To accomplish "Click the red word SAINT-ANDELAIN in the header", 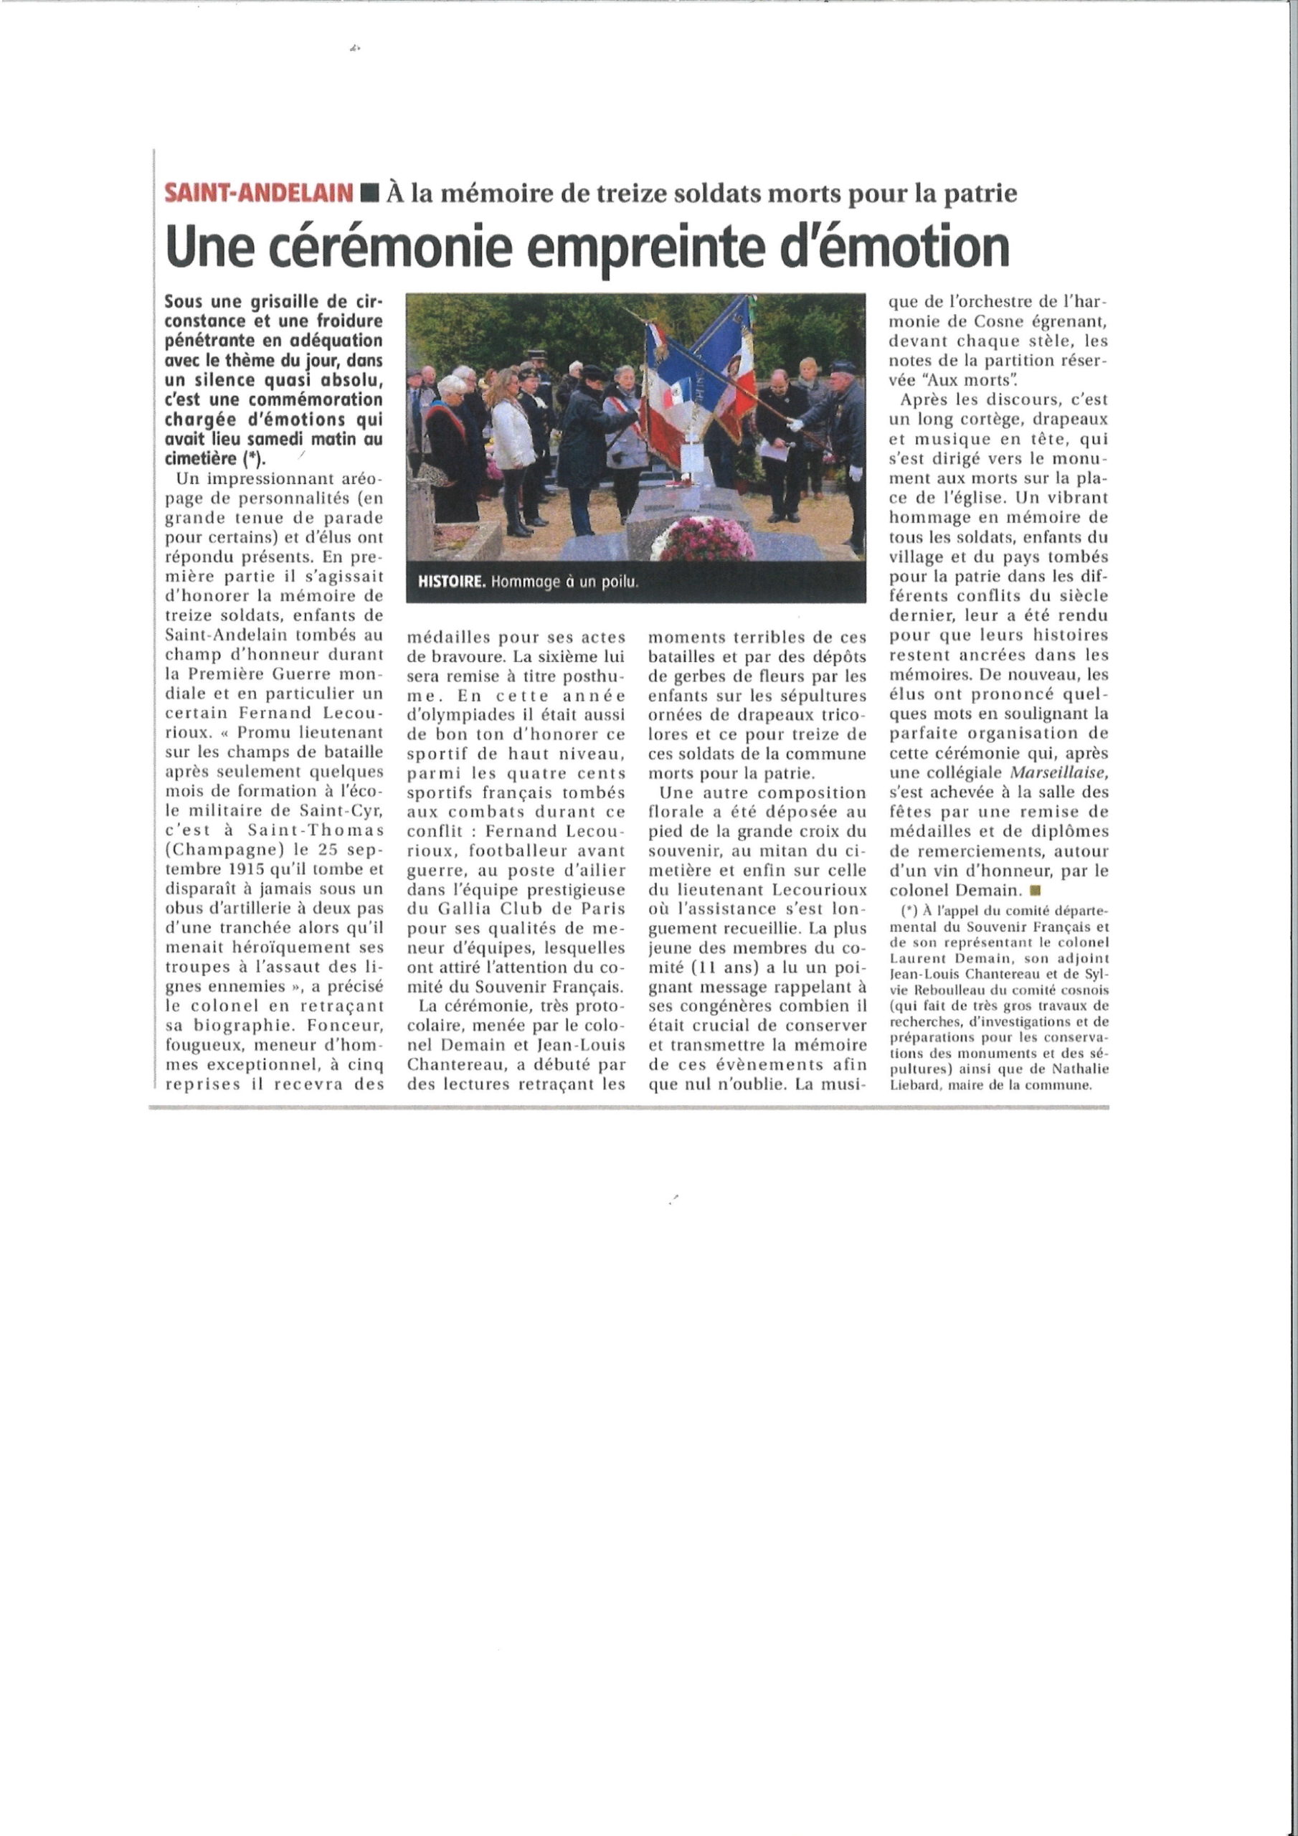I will point(258,193).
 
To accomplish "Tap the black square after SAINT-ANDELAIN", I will point(369,193).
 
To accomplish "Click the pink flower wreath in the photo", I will point(703,538).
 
